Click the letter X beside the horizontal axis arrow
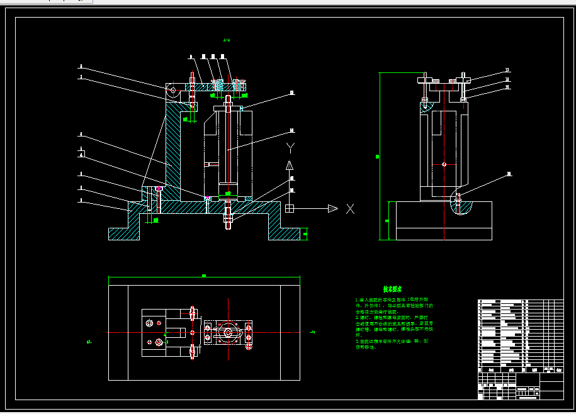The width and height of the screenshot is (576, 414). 350,209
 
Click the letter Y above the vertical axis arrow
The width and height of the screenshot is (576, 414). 290,148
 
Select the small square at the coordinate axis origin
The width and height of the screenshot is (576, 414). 290,208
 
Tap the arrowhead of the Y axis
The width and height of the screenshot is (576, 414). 290,165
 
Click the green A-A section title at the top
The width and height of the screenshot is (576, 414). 227,40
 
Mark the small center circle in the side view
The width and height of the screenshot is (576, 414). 444,165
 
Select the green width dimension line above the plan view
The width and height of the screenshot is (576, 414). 204,277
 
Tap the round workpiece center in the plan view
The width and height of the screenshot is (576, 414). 227,332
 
